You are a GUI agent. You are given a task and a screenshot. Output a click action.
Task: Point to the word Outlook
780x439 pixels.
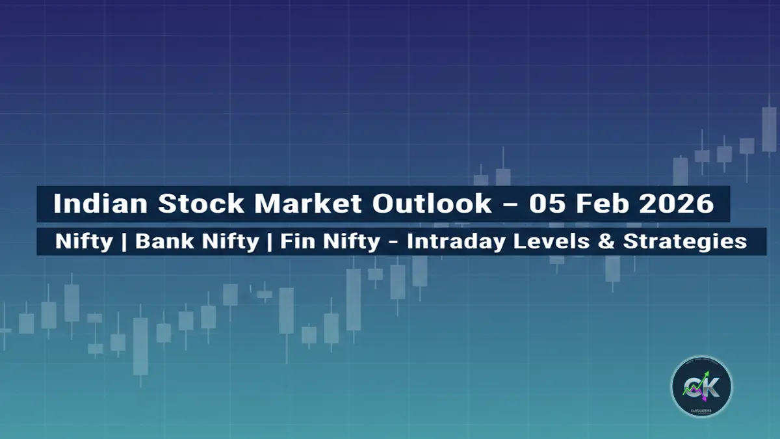click(432, 204)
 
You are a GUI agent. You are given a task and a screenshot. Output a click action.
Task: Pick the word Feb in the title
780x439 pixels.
click(602, 204)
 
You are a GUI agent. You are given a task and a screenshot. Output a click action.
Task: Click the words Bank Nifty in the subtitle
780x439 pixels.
click(197, 241)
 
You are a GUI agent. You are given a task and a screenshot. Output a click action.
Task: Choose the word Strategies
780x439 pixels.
click(684, 241)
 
